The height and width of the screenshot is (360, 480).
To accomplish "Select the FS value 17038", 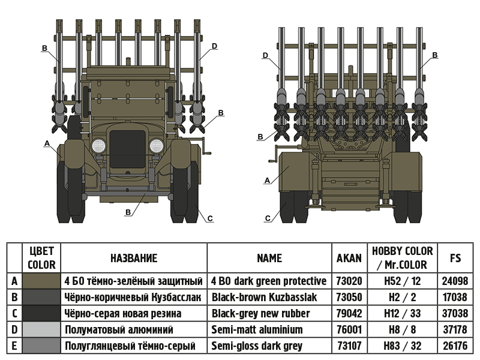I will (455, 297).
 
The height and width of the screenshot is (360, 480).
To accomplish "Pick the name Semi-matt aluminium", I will (257, 329).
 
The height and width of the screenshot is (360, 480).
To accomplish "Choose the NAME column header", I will (269, 258).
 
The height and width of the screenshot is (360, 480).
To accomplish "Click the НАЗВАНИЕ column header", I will (134, 258).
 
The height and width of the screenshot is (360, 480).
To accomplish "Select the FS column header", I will (455, 258).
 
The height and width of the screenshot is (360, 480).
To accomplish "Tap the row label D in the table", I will (14, 329).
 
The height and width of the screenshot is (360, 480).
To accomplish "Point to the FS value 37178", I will (455, 329).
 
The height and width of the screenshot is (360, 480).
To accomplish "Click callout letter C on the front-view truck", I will (210, 219).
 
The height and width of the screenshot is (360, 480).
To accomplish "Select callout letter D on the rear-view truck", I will (266, 56).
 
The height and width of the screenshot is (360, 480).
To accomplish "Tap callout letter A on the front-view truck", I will (46, 143).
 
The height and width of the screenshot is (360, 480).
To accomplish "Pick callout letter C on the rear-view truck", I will (268, 218).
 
